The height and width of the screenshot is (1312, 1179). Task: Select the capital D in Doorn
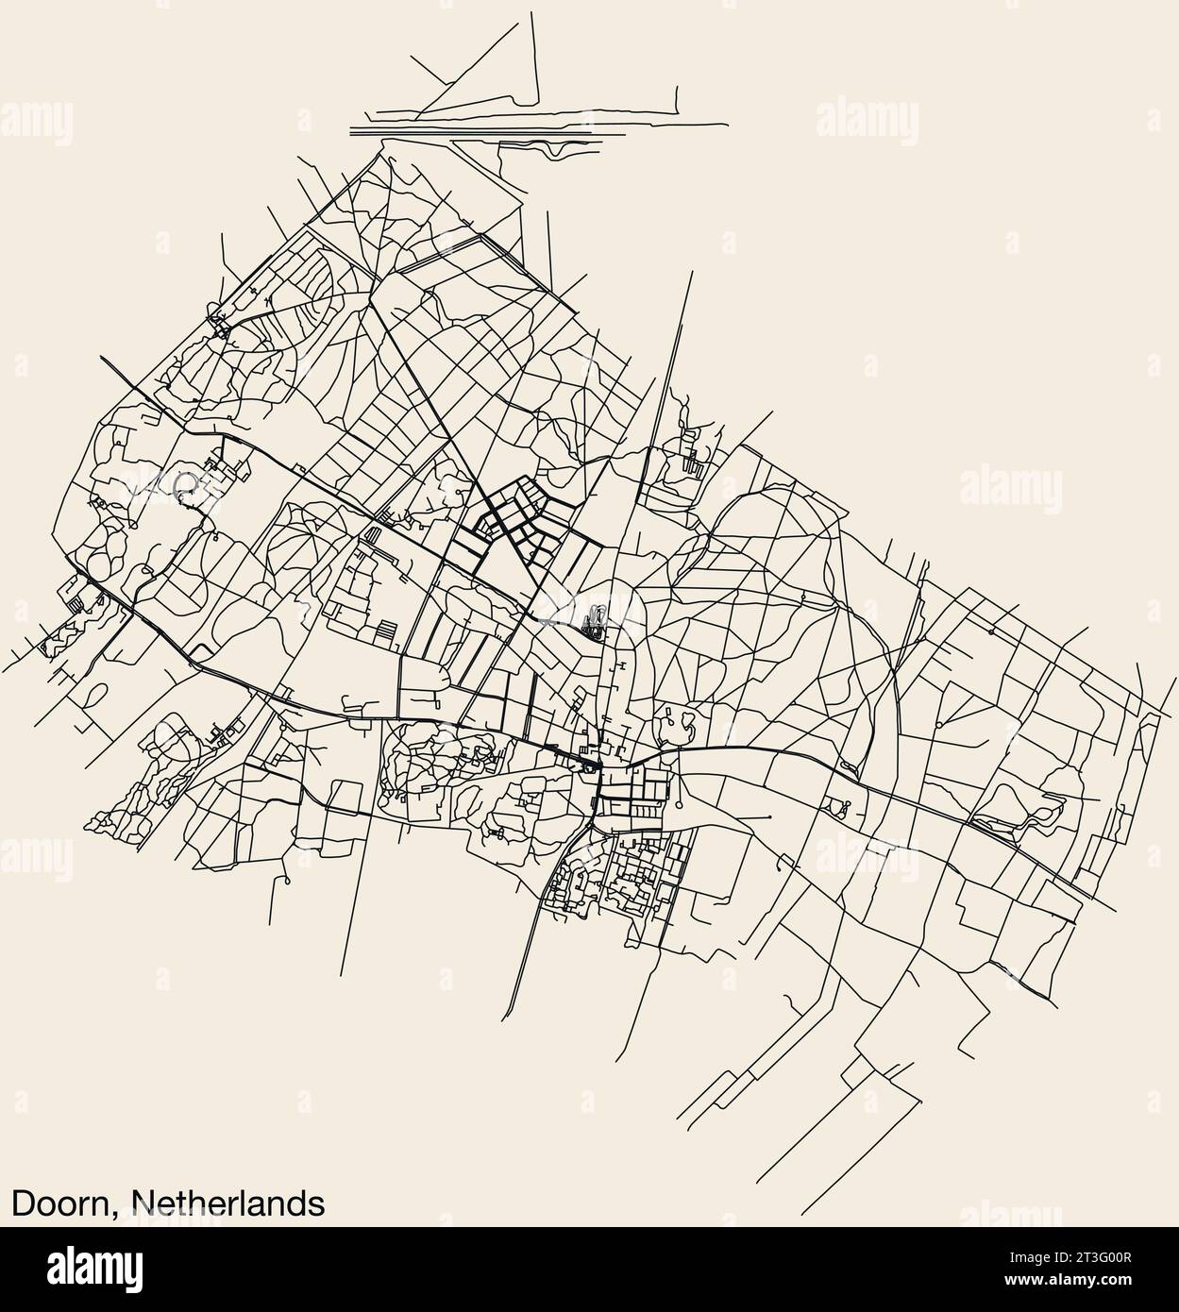tap(22, 1203)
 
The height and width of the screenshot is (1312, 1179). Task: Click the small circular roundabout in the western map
tap(185, 484)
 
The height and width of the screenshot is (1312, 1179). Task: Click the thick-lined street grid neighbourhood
tap(510, 519)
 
